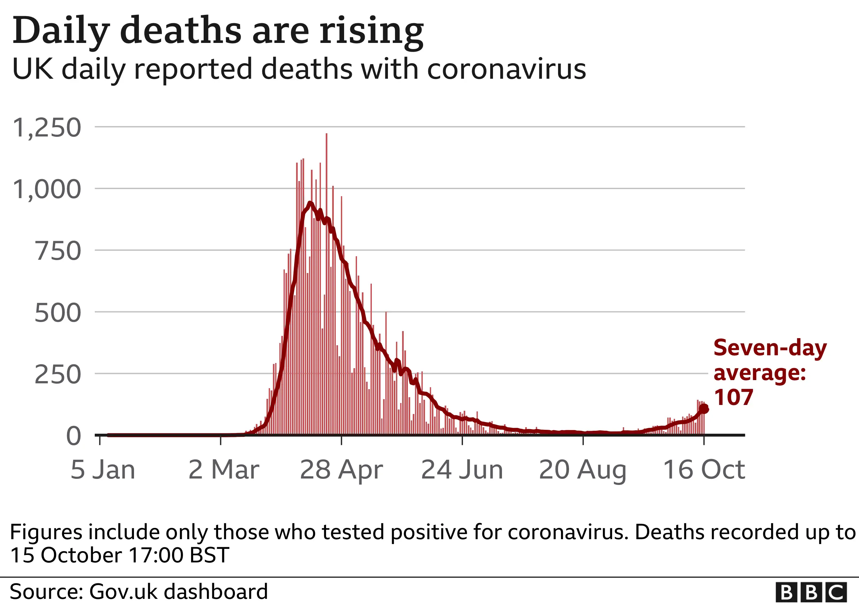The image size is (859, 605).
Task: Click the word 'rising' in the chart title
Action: pyautogui.click(x=371, y=31)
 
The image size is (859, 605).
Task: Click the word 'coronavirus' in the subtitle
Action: pyautogui.click(x=506, y=69)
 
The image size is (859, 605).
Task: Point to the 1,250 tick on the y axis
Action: pyautogui.click(x=47, y=128)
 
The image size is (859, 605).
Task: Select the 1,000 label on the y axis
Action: pyautogui.click(x=47, y=189)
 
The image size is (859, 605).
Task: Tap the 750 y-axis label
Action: pyautogui.click(x=58, y=251)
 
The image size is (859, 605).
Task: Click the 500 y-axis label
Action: pyautogui.click(x=58, y=313)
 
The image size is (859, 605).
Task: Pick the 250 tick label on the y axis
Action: pyautogui.click(x=58, y=375)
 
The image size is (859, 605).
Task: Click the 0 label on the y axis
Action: pyautogui.click(x=73, y=436)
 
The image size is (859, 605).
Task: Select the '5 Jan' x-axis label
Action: pyautogui.click(x=103, y=470)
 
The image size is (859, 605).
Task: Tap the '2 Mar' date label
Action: pyautogui.click(x=224, y=470)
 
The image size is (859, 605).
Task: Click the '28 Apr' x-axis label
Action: pyautogui.click(x=341, y=470)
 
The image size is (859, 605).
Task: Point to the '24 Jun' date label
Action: pyautogui.click(x=462, y=470)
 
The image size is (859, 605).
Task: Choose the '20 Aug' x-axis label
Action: pyautogui.click(x=583, y=470)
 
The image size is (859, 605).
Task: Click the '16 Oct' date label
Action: pyautogui.click(x=704, y=470)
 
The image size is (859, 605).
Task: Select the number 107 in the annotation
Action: pyautogui.click(x=733, y=398)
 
